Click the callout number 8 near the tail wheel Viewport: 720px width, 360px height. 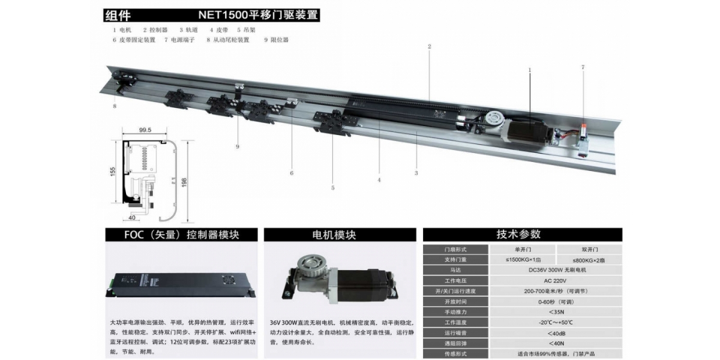click(115, 106)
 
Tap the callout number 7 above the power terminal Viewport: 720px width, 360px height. click(583, 67)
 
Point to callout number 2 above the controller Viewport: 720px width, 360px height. click(429, 47)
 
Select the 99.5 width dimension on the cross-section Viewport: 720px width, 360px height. click(145, 130)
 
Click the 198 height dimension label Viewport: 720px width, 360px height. click(184, 182)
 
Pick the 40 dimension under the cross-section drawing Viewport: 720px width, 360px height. click(132, 218)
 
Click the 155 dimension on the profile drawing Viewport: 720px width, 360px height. click(113, 172)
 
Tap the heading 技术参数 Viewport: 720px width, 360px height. click(518, 235)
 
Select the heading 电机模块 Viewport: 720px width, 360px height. click(334, 235)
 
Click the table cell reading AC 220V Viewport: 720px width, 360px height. click(555, 281)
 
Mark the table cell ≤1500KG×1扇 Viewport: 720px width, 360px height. click(523, 260)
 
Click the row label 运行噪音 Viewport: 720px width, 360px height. click(455, 333)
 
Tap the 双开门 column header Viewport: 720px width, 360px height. click(590, 250)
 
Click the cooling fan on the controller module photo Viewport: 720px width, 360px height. click(228, 280)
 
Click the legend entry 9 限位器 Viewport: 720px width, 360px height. click(276, 40)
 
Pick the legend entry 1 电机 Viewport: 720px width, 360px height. click(122, 30)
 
